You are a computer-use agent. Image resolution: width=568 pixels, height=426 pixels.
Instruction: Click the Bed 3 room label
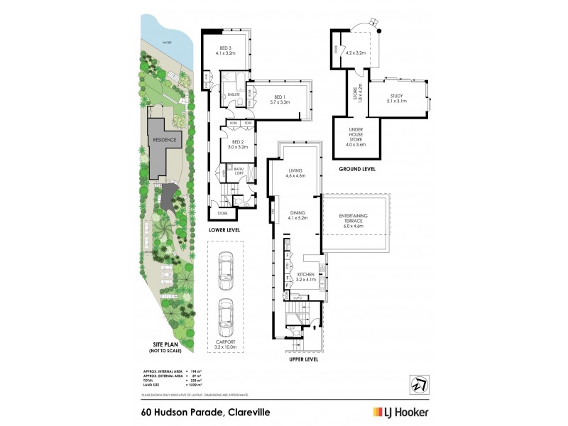(x=225, y=50)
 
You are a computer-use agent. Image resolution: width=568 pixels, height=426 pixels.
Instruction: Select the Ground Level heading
(x=357, y=170)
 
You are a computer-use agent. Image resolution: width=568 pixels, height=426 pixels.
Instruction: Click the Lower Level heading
(x=224, y=231)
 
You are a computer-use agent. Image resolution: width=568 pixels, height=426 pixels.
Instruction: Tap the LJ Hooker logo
(x=400, y=412)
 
